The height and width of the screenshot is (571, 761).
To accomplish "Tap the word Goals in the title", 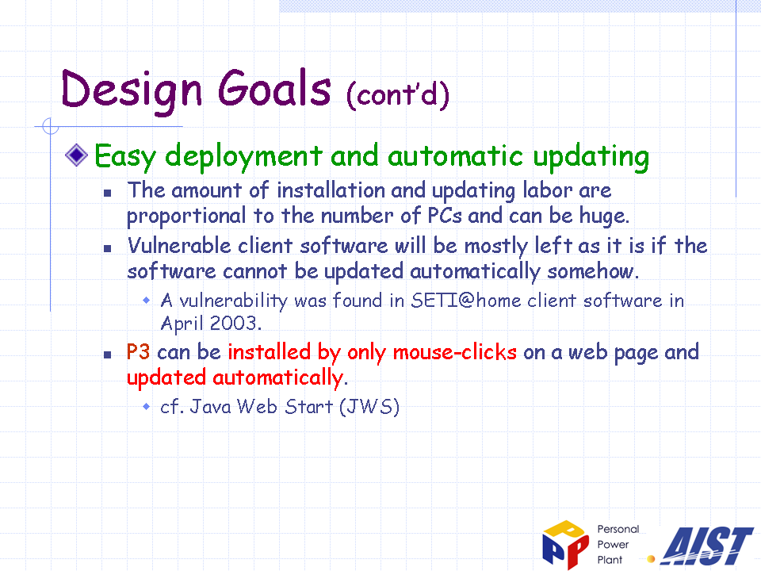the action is click(274, 88).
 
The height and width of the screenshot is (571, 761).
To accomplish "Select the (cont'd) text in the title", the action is click(398, 94).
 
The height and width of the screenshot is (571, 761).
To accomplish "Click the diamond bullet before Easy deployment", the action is click(77, 155).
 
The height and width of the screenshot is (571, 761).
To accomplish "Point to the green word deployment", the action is click(243, 157).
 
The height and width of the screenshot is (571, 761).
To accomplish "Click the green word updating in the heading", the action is click(591, 157).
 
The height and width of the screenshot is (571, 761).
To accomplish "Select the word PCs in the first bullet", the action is click(445, 216).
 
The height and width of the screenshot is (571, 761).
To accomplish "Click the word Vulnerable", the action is click(179, 245).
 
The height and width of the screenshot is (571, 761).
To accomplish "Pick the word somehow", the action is click(593, 271).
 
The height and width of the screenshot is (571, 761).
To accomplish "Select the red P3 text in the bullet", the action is click(138, 351).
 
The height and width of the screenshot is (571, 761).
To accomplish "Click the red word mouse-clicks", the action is click(455, 352).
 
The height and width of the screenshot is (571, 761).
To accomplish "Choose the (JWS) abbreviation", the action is click(369, 407).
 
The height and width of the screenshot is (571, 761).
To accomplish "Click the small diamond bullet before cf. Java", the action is click(146, 406).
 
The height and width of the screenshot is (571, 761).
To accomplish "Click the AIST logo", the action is click(708, 546).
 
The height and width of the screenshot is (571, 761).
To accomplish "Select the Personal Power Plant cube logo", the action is click(566, 545).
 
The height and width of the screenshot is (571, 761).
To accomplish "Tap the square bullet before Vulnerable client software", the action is click(108, 248).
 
